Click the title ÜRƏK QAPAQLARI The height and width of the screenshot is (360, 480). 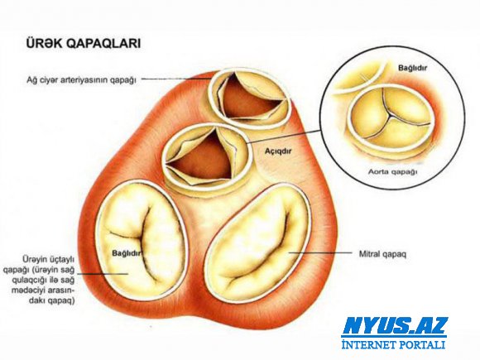84,44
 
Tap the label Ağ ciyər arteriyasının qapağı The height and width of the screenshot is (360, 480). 81,80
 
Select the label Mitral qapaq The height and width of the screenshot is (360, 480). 382,254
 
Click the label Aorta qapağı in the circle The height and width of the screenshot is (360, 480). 392,171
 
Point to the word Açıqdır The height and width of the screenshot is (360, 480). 278,151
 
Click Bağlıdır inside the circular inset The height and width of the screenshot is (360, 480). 412,68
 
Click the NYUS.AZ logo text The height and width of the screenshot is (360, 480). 395,326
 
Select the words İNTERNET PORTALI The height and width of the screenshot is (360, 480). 393,344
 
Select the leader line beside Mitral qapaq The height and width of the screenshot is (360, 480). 320,253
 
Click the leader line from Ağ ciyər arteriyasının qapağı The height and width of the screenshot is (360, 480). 176,79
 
